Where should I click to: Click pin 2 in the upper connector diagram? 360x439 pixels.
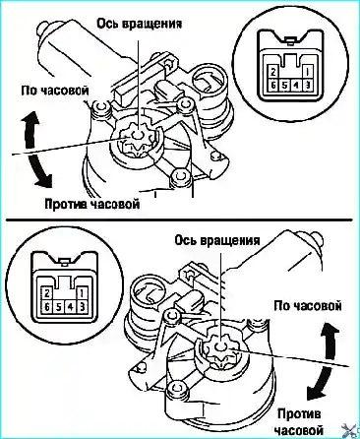pyautogui.click(x=272, y=71)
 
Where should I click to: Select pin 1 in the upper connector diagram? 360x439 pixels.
pyautogui.click(x=308, y=71)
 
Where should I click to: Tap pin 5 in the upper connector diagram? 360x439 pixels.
pyautogui.click(x=284, y=86)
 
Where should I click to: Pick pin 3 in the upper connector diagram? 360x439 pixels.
pyautogui.click(x=308, y=86)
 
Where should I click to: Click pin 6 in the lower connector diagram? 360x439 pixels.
pyautogui.click(x=47, y=307)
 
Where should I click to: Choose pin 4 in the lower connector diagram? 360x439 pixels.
pyautogui.click(x=70, y=307)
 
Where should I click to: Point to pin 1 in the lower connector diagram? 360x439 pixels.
pyautogui.click(x=82, y=292)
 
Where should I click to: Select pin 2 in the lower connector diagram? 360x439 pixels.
pyautogui.click(x=47, y=292)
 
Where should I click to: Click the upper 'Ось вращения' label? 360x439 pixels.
pyautogui.click(x=140, y=24)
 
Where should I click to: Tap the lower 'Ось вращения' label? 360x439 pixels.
pyautogui.click(x=217, y=240)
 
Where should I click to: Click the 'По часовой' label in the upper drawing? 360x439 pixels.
pyautogui.click(x=55, y=91)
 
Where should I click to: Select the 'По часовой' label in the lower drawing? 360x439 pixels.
pyautogui.click(x=308, y=306)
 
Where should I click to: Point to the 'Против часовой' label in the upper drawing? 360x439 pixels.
pyautogui.click(x=92, y=204)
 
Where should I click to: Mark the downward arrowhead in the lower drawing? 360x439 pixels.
pyautogui.click(x=316, y=393)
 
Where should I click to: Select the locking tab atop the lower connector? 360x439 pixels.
pyautogui.click(x=64, y=262)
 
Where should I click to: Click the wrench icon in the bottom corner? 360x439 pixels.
pyautogui.click(x=350, y=430)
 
